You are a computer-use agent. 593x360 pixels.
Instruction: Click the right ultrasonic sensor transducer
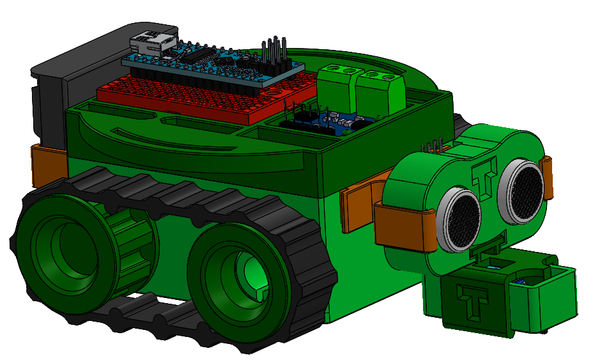523,185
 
